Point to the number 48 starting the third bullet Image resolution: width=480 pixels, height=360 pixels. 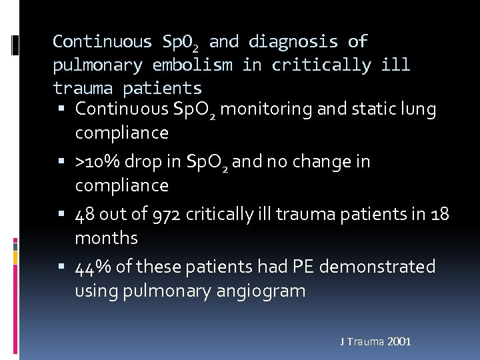click(x=85, y=214)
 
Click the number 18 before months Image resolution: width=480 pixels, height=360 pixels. click(x=439, y=214)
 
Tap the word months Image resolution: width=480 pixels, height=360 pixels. click(x=107, y=238)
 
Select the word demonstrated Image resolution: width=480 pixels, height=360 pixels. click(x=377, y=267)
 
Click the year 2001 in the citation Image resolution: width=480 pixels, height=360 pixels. click(x=398, y=342)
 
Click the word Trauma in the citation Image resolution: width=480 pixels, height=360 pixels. click(x=365, y=342)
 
